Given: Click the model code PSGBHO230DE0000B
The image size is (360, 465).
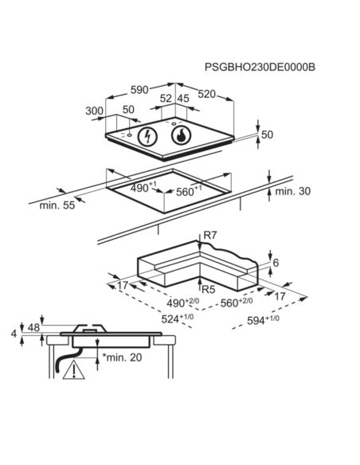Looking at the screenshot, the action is [260, 67].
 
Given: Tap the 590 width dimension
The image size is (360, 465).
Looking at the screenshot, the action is [139, 90].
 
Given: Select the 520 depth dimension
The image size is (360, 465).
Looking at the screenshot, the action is [207, 94].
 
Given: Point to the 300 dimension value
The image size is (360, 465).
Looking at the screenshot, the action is [94, 111].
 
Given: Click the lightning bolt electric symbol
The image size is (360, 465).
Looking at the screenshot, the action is [147, 137].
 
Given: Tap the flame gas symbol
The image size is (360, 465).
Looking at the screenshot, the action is [181, 135].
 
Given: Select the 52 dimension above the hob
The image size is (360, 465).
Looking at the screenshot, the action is [166, 99].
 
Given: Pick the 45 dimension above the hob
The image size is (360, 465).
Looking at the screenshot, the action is [183, 99].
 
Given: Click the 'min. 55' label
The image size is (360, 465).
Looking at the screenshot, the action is [57, 205].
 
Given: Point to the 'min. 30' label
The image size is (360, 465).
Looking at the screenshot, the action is [292, 191].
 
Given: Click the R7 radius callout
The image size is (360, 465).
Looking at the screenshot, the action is [210, 236].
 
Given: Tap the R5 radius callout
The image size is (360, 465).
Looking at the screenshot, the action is [208, 289].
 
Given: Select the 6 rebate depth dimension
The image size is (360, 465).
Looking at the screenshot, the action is [276, 263].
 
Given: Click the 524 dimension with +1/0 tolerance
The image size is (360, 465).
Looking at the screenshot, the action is [178, 318].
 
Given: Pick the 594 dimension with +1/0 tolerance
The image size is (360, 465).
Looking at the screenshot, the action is [263, 320].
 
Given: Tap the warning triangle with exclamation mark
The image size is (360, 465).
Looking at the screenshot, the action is [74, 369].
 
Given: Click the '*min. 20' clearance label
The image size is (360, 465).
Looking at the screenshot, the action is [122, 358].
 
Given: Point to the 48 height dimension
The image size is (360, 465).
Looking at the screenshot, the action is [33, 327].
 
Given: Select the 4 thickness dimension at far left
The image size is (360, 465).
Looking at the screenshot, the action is [14, 334].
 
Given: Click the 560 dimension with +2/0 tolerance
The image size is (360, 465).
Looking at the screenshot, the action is [237, 303].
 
